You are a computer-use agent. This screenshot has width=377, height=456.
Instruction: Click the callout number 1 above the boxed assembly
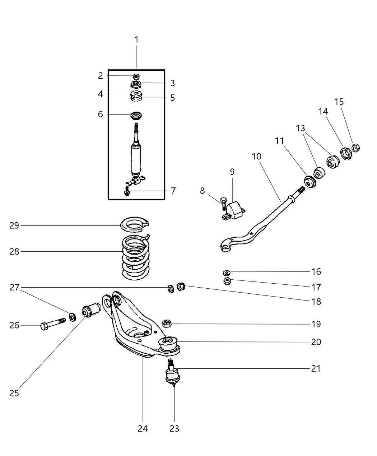[136, 39]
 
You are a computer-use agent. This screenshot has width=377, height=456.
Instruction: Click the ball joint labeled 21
[172, 374]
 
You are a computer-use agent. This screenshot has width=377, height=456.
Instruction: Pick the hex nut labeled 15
[355, 148]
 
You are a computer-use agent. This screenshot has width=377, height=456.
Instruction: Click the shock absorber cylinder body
[136, 158]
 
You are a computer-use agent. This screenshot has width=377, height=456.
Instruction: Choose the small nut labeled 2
[136, 76]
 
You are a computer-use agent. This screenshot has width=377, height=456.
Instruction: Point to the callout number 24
[143, 428]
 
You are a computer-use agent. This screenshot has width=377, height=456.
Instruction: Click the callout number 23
[174, 428]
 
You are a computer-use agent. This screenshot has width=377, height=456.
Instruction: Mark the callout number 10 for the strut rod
[256, 157]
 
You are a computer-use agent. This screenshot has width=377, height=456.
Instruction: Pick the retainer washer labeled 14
[346, 153]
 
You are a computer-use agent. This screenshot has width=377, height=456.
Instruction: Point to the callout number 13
[301, 128]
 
